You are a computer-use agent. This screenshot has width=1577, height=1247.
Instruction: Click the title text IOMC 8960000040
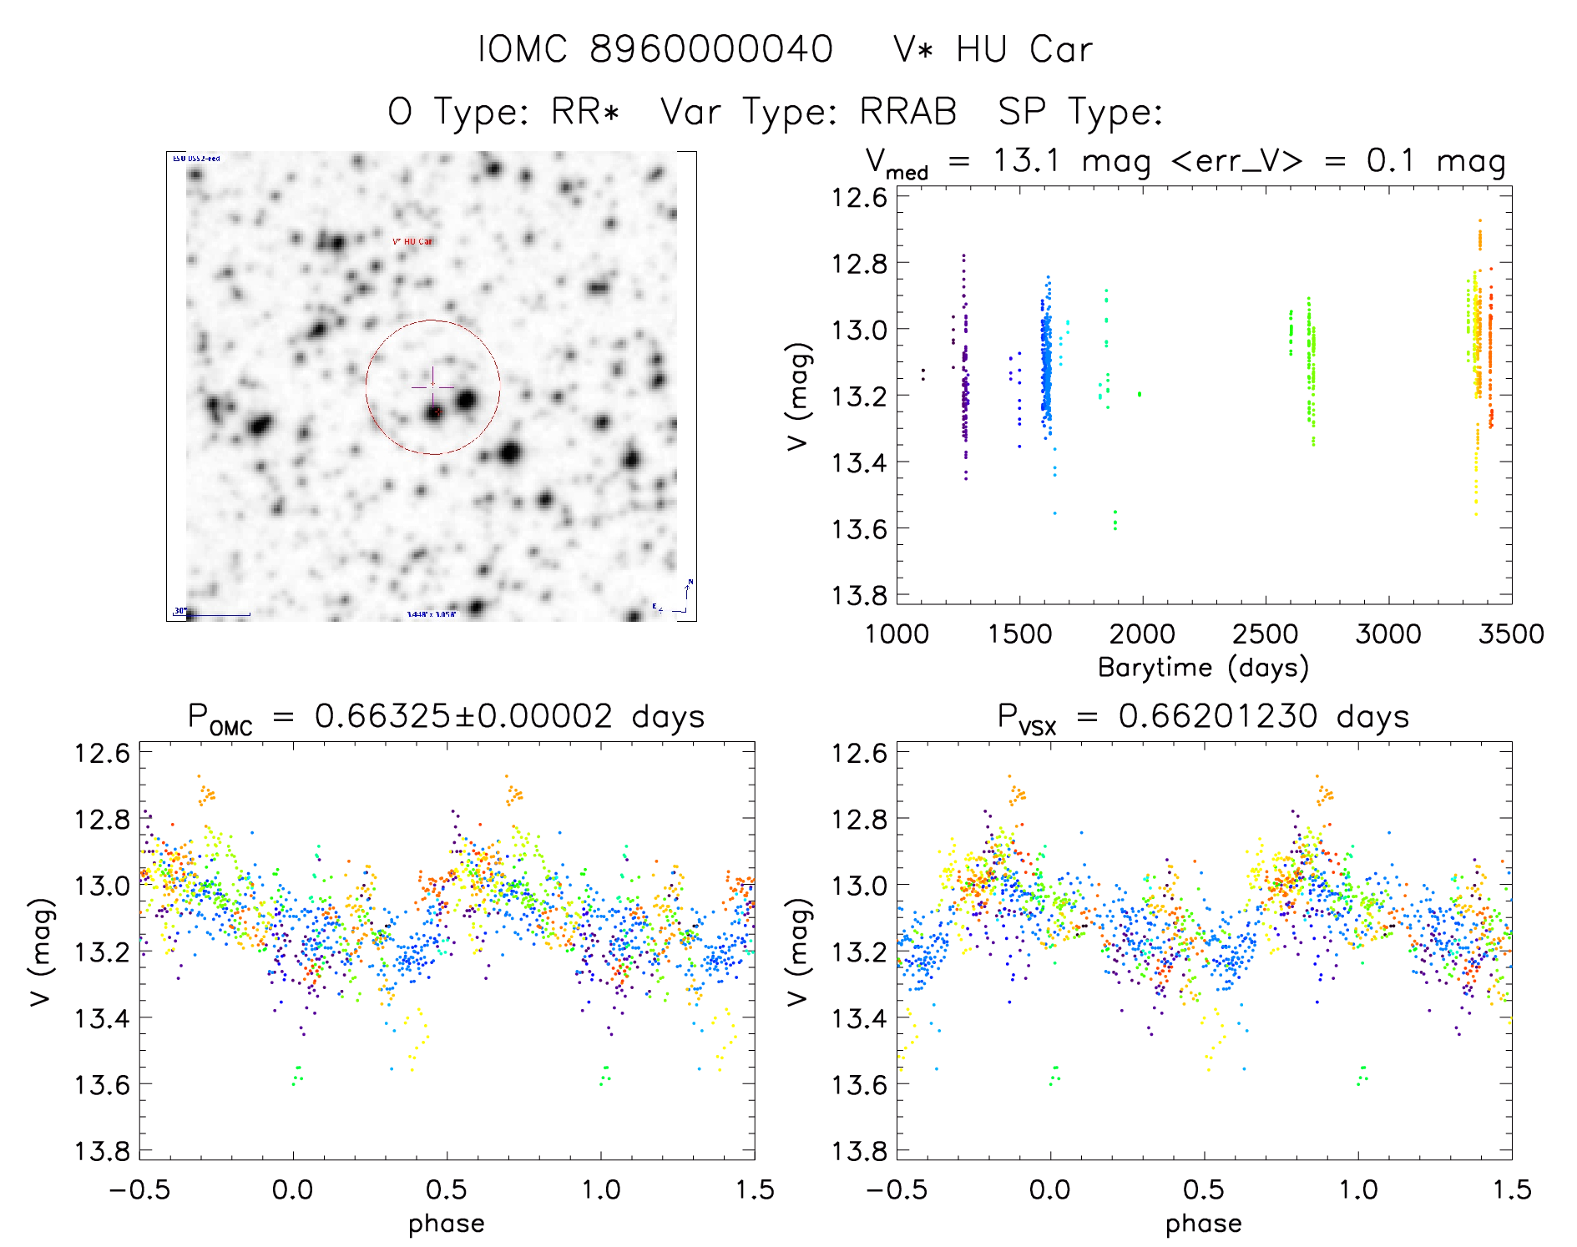pos(655,49)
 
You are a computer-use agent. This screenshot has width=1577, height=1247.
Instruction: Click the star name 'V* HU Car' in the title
pos(993,49)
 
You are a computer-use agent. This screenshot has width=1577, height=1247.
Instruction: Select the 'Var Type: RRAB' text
pos(808,112)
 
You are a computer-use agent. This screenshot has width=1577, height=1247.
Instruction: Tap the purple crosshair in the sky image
pos(432,387)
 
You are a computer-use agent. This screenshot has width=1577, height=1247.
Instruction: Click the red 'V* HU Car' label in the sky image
pos(412,242)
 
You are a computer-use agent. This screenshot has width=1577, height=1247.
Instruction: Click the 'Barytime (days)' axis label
pos(1203,668)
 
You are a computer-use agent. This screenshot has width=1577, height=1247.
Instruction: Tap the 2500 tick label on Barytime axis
pos(1265,634)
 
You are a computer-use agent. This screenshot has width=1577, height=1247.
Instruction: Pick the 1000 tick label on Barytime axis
pos(897,634)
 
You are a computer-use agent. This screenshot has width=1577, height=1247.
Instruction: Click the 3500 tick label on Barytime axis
pos(1511,634)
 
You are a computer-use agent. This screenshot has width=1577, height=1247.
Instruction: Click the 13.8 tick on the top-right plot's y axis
pos(859,595)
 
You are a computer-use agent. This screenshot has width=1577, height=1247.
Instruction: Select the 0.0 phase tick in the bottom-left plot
pos(293,1189)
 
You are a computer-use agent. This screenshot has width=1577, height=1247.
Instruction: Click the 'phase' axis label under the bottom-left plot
pos(446,1224)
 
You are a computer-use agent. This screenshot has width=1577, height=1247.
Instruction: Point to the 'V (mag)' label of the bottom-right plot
pos(798,952)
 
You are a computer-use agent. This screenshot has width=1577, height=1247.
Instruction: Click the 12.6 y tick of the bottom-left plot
pos(102,753)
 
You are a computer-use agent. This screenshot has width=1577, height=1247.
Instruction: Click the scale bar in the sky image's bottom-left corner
pos(218,615)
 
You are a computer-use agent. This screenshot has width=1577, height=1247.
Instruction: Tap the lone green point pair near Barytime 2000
pos(1140,394)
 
